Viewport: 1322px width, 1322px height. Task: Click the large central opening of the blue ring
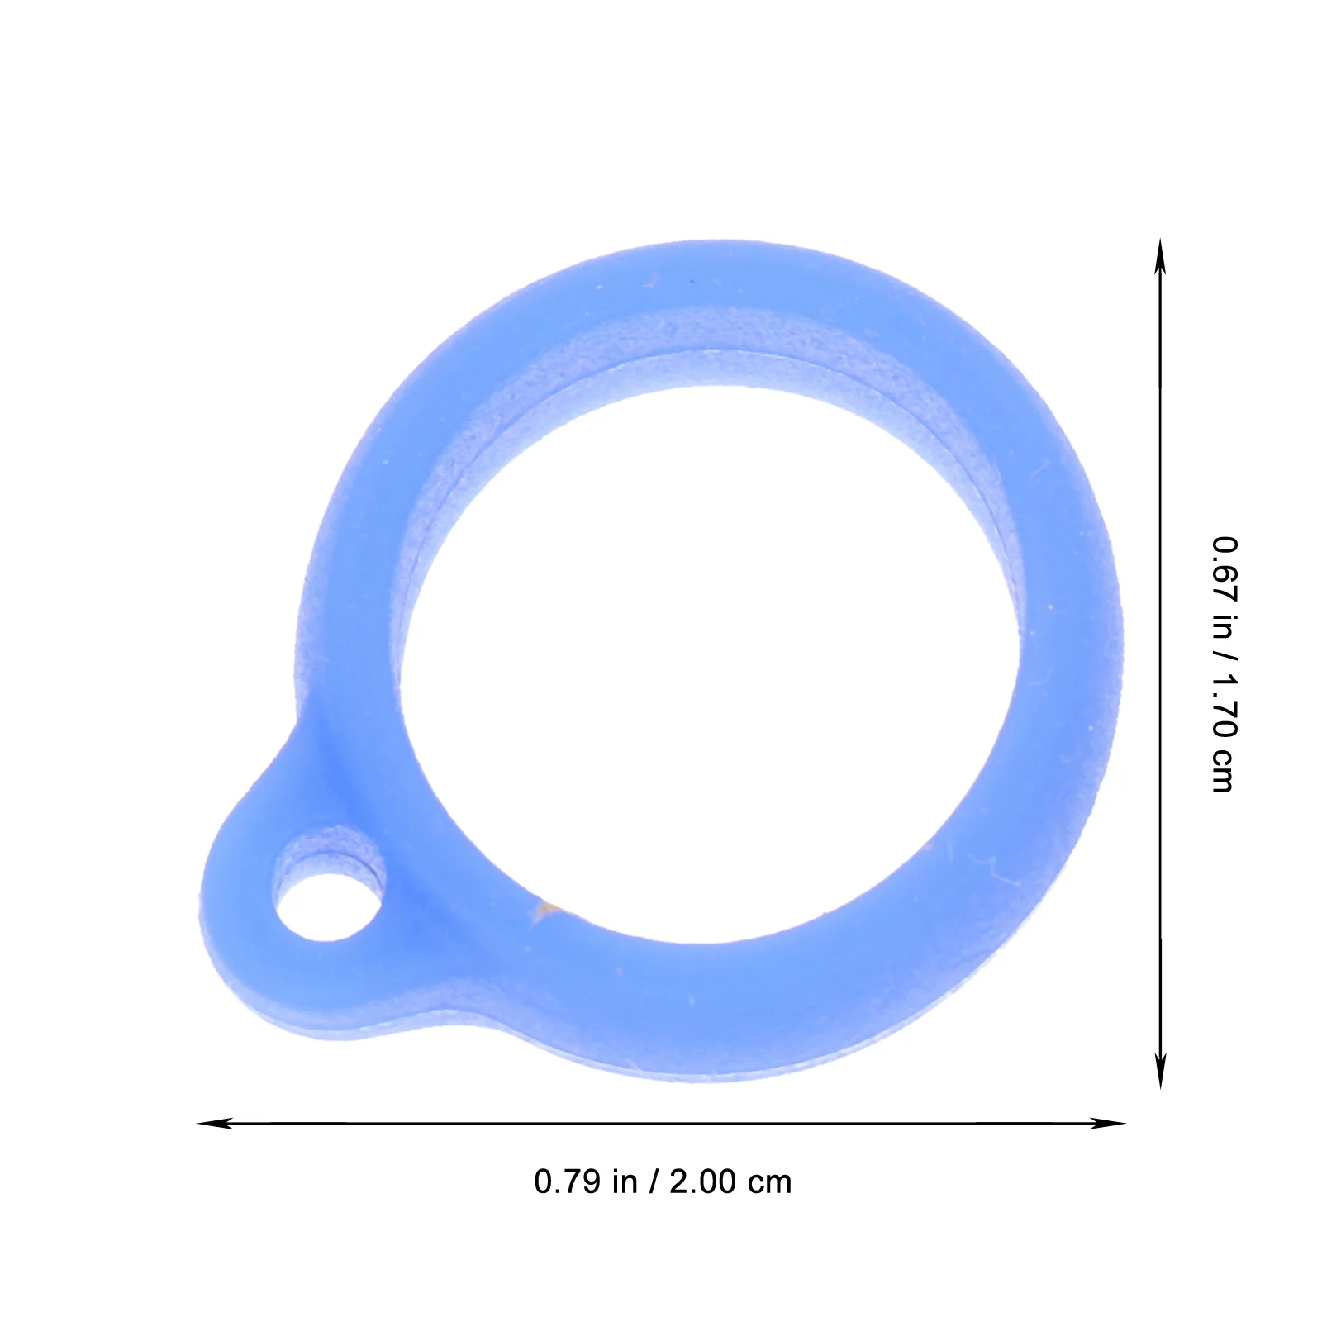point(711,661)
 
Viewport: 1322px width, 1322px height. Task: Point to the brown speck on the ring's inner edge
point(546,910)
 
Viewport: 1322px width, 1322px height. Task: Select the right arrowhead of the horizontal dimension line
point(1107,1123)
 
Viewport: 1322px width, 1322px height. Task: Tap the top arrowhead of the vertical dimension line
point(1160,257)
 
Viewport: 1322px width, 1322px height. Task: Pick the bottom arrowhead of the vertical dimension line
point(1160,1070)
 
